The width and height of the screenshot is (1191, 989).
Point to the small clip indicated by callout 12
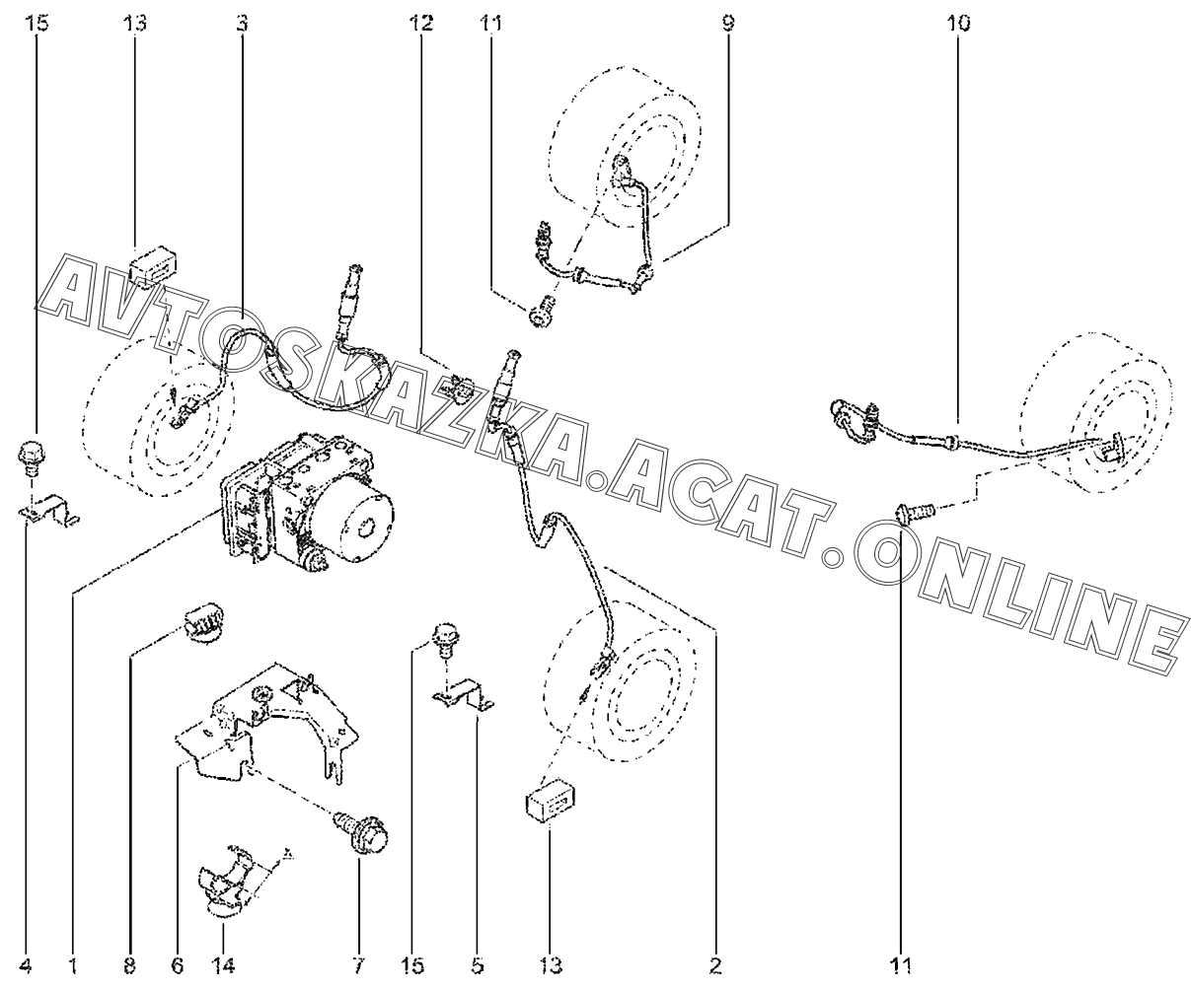coord(458,385)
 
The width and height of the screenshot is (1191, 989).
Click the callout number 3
coord(242,22)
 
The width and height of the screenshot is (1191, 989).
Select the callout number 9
coord(728,22)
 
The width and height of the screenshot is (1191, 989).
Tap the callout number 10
coord(957,22)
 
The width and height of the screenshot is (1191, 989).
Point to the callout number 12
coord(421,22)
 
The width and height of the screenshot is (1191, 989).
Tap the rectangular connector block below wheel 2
coord(550,803)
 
